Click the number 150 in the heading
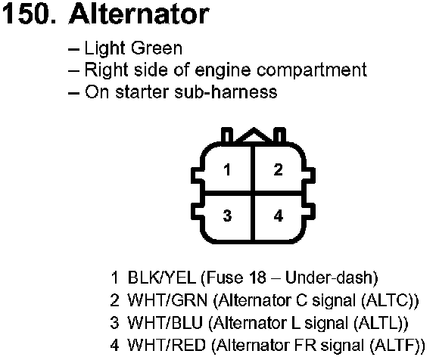(28, 14)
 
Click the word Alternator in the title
(139, 14)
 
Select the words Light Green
(133, 48)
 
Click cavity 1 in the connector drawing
(227, 169)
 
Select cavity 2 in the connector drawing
(278, 169)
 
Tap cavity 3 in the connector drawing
(227, 216)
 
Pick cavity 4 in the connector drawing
(278, 216)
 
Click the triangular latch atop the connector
(254, 135)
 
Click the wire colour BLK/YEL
(161, 278)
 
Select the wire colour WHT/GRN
(167, 300)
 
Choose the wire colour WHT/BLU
(165, 323)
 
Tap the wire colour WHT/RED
(167, 346)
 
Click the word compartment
(311, 70)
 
